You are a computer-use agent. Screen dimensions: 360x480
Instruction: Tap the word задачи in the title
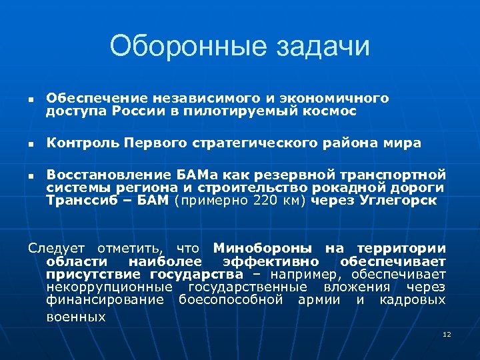[310, 46]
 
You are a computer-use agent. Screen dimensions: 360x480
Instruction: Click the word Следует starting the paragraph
[56, 248]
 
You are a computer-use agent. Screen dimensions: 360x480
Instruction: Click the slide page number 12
[447, 334]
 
